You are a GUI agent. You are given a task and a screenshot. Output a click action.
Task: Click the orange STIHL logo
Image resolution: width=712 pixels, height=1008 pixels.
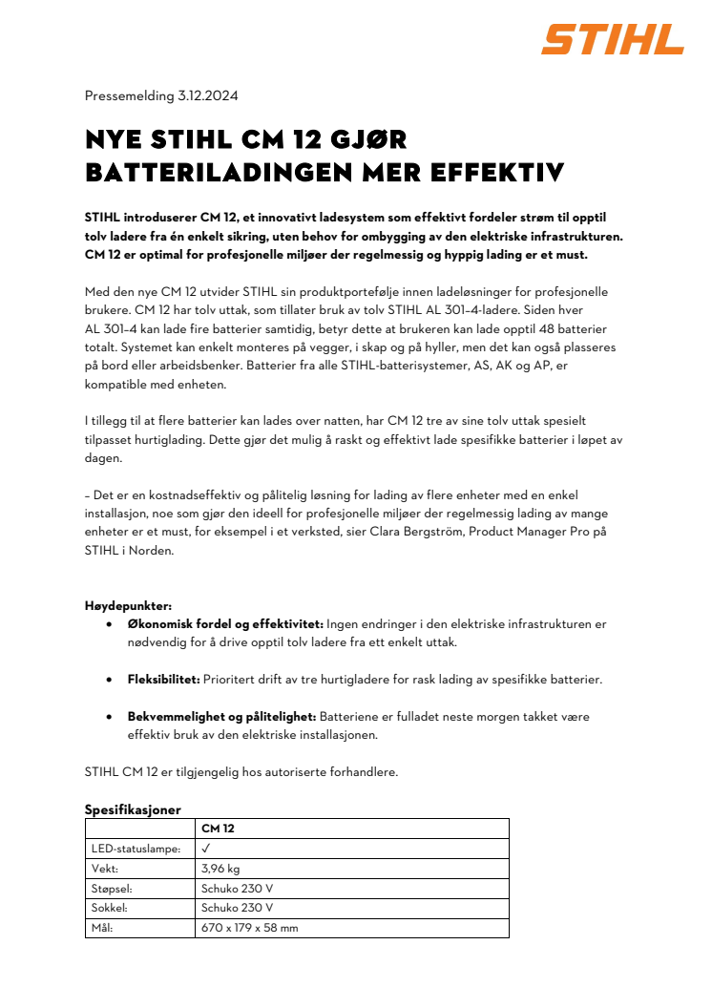613,39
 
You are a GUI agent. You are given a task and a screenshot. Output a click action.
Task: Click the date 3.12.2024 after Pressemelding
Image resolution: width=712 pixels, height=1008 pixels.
208,95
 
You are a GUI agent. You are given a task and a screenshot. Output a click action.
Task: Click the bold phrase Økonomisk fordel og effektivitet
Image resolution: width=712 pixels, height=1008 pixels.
225,624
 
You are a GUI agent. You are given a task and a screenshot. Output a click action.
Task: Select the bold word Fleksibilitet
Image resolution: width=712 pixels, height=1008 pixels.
163,680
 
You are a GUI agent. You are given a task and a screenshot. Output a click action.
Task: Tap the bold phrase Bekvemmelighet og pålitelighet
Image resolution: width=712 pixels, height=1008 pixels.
221,716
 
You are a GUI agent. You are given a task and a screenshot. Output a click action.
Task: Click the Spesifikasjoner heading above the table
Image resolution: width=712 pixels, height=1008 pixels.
132,809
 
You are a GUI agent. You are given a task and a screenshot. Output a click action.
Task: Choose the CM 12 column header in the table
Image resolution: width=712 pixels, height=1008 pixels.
218,829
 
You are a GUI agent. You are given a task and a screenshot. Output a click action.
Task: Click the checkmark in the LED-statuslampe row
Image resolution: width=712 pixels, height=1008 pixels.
206,848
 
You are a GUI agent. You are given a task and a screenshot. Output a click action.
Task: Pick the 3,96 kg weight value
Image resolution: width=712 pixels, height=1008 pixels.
220,869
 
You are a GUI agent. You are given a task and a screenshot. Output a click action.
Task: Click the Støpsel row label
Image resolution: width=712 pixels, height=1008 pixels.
113,888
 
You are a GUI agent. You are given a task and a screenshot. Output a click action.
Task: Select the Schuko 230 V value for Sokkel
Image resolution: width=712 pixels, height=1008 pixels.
237,908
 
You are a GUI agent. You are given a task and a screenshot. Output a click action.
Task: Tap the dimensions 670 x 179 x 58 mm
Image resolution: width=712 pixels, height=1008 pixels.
249,928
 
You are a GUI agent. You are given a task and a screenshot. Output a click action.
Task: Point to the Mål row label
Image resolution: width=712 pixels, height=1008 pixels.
102,928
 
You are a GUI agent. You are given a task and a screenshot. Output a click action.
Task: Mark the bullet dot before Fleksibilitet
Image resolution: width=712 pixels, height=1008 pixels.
109,680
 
